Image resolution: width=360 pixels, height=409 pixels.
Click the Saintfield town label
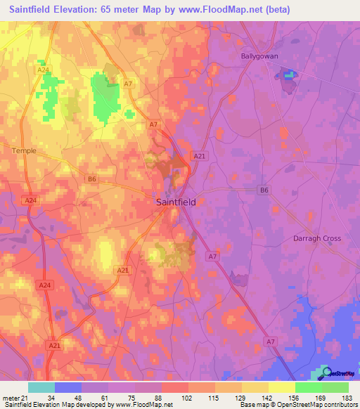pos(175,202)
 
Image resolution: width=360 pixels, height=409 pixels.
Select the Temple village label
pos(24,150)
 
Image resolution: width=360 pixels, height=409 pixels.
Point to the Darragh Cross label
pos(316,238)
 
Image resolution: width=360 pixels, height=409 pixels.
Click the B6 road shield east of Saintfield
pos(263,190)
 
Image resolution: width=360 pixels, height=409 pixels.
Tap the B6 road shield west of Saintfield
pos(91,179)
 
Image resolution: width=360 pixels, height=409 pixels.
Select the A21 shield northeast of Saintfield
pos(200,156)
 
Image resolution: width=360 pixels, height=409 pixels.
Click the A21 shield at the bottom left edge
pos(54,345)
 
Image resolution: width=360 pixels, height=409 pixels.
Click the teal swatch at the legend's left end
pos(41,387)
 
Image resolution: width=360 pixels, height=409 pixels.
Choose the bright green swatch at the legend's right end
pos(335,387)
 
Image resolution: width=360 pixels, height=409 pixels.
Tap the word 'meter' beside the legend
pos(12,398)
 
